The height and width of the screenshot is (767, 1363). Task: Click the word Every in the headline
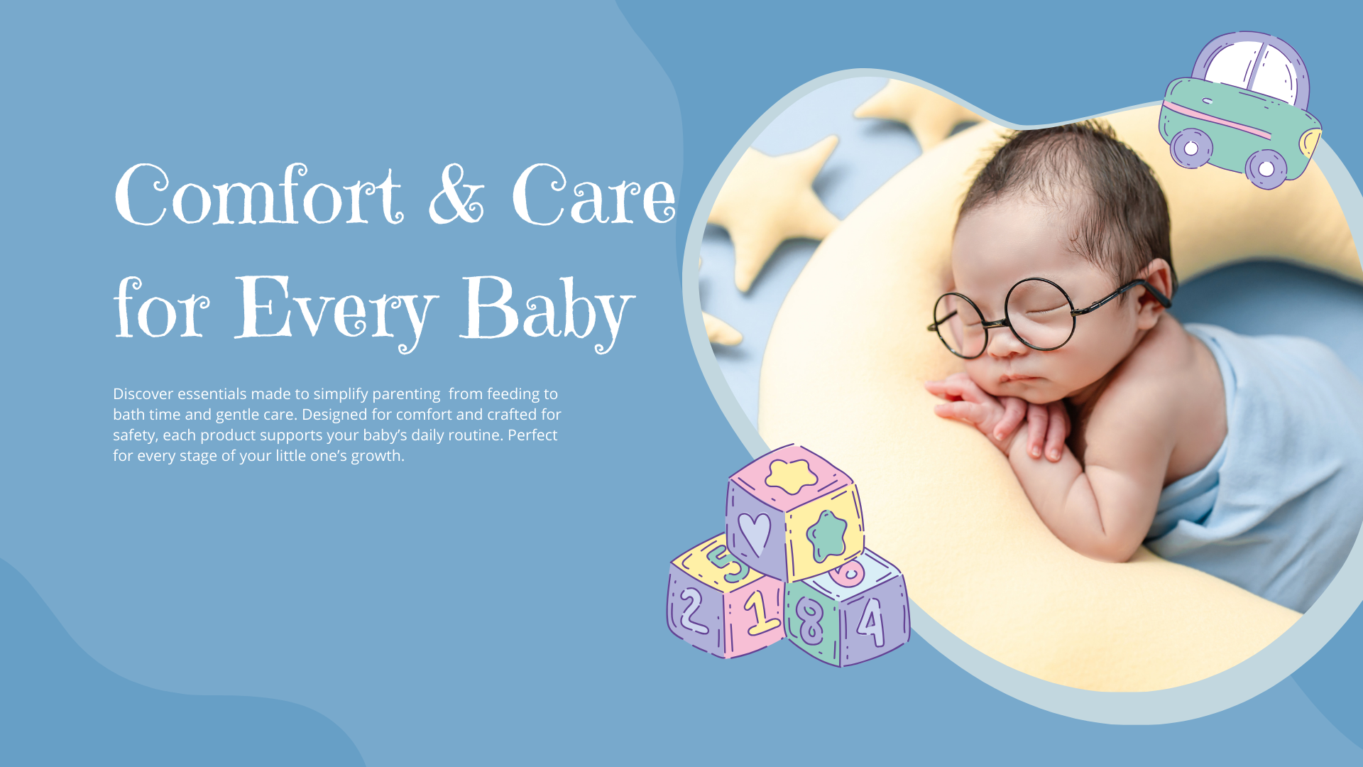click(x=334, y=312)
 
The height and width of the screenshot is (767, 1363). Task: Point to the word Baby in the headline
click(x=547, y=312)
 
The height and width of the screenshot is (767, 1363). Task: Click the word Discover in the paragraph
click(x=143, y=393)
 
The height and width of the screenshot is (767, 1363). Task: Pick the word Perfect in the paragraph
click(x=532, y=435)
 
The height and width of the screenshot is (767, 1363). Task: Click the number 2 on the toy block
click(x=692, y=611)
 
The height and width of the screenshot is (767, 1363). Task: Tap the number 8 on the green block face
click(x=810, y=620)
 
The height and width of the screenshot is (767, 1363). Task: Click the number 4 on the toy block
click(x=871, y=621)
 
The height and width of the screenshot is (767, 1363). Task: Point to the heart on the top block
click(x=754, y=533)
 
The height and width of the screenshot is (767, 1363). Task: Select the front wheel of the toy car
click(x=1266, y=169)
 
